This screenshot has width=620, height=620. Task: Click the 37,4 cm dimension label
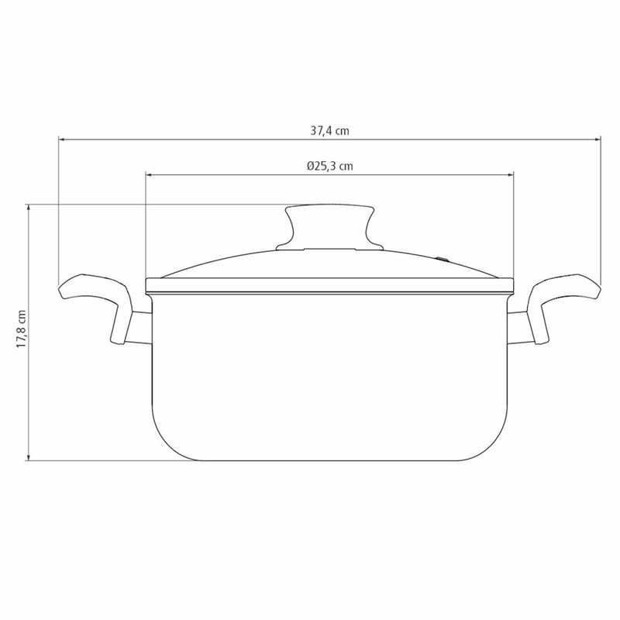coord(330,131)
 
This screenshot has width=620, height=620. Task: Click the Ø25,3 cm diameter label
coord(330,166)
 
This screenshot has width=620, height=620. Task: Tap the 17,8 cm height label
coord(22,329)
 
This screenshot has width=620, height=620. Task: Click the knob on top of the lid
coord(330,226)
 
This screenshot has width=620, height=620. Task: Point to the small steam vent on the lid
coord(443,260)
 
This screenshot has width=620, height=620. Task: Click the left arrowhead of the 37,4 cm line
coord(62,139)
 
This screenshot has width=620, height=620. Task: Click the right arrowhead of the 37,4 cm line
coord(598,139)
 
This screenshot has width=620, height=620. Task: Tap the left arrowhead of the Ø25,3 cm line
coord(149,174)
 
